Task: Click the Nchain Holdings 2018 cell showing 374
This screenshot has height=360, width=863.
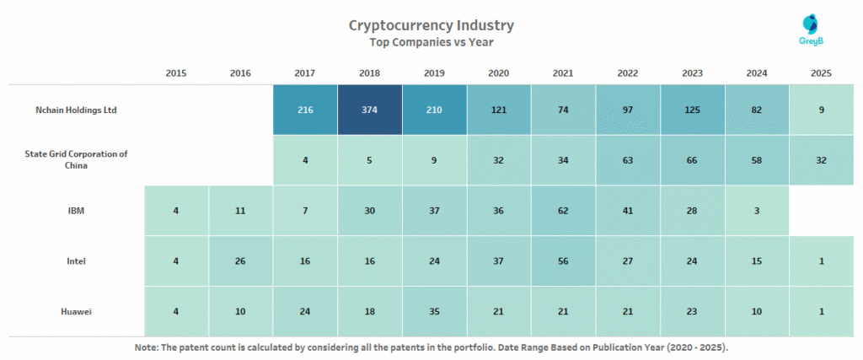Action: tap(369, 110)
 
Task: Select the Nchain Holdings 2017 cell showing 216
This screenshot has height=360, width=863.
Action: tap(305, 110)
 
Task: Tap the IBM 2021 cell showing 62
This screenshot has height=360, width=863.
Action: tap(563, 211)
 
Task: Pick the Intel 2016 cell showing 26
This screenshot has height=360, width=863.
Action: tap(240, 261)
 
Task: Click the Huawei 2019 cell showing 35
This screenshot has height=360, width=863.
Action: tap(434, 311)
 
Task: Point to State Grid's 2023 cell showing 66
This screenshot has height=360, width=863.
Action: tap(692, 160)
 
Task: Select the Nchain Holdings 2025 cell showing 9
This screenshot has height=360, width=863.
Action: tap(821, 110)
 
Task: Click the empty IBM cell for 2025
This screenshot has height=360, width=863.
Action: tap(821, 211)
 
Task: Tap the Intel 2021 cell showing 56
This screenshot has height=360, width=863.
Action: tap(563, 261)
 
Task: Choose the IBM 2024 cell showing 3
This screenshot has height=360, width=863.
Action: tap(757, 211)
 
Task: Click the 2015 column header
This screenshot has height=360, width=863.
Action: tap(176, 73)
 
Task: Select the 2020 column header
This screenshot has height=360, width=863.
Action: tap(498, 73)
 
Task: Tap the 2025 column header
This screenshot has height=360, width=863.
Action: tap(821, 73)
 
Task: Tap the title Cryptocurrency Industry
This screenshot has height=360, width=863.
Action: tap(431, 25)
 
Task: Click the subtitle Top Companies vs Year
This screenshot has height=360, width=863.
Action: tap(431, 42)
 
